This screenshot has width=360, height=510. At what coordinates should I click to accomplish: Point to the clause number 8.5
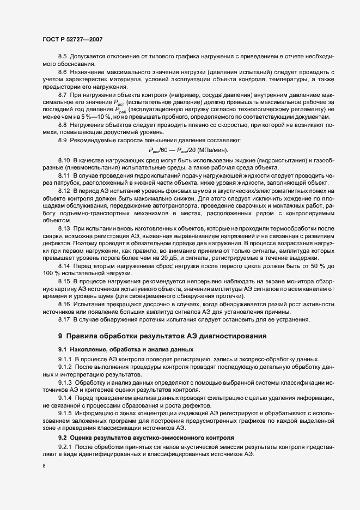click(x=62, y=57)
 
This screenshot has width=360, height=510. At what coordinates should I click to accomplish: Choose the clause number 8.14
click(x=64, y=266)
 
